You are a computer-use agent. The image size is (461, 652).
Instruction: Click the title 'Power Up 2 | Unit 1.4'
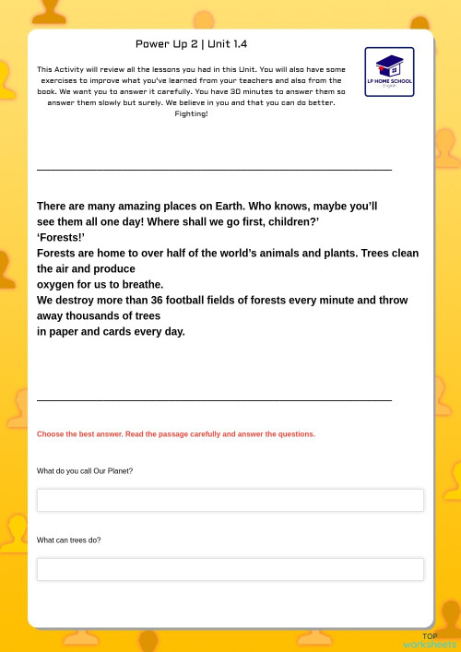[x=191, y=44]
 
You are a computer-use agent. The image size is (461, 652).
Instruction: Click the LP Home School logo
[x=389, y=72]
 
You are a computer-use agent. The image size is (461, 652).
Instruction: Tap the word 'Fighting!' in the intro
[x=191, y=114]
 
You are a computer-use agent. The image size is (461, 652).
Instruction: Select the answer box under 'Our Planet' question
[x=230, y=500]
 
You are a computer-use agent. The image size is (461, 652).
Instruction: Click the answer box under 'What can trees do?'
[x=230, y=569]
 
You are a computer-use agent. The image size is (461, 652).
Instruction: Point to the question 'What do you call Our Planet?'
[x=85, y=471]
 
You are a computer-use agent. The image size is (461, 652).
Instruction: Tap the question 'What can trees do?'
[x=69, y=540]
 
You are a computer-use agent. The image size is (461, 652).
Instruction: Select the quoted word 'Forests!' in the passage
[x=61, y=238]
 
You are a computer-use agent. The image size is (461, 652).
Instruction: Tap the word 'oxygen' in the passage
[x=54, y=285]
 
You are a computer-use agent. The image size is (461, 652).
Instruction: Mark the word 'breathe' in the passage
[x=144, y=285]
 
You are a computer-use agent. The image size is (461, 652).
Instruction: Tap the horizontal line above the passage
[x=214, y=170]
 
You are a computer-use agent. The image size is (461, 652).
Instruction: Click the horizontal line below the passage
[x=214, y=400]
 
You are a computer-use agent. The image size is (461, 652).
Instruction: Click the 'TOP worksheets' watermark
[x=430, y=641]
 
